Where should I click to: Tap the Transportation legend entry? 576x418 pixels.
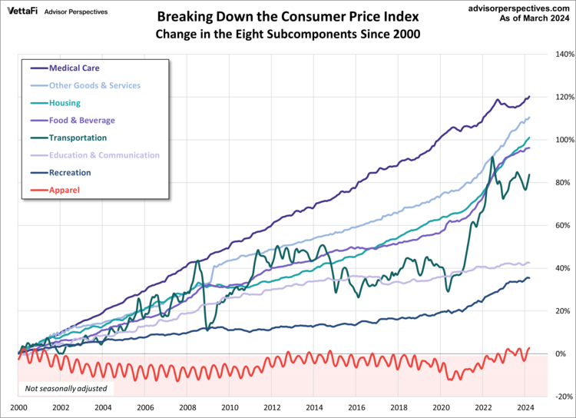tap(78, 138)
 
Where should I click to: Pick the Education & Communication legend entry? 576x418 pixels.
tap(104, 155)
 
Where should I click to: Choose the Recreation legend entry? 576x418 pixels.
tap(71, 172)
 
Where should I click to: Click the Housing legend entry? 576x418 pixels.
tap(65, 103)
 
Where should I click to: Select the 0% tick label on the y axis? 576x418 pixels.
tap(561, 353)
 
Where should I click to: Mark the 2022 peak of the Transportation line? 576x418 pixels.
tap(492, 158)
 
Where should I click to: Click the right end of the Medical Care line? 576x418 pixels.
tap(530, 96)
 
